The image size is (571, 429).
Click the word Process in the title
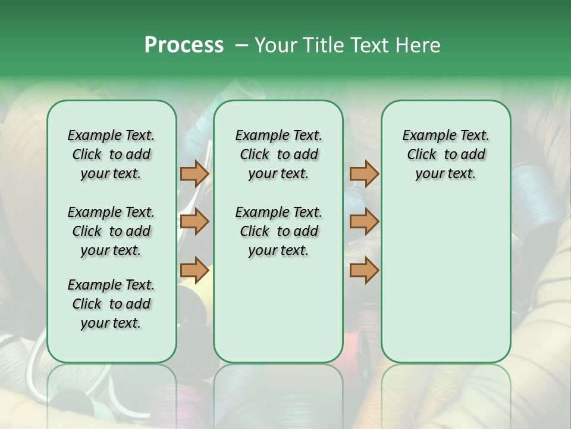[x=184, y=45]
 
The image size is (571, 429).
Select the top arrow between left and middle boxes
[x=194, y=173]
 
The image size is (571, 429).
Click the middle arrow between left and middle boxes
[x=194, y=222]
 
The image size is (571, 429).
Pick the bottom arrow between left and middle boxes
[x=194, y=270]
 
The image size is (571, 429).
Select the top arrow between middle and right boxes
[x=364, y=173]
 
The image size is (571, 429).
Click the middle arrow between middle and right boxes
[x=364, y=222]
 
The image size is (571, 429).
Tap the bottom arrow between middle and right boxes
[x=364, y=270]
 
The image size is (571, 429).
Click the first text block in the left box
[x=111, y=154]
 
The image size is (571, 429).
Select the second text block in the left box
[x=111, y=231]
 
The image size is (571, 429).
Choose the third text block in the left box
[x=111, y=304]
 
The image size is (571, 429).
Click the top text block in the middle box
[x=278, y=154]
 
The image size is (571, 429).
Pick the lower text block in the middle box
[x=278, y=231]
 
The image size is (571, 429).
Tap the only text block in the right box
[x=445, y=154]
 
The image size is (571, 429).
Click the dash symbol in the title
[x=241, y=45]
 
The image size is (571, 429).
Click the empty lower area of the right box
[x=445, y=286]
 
